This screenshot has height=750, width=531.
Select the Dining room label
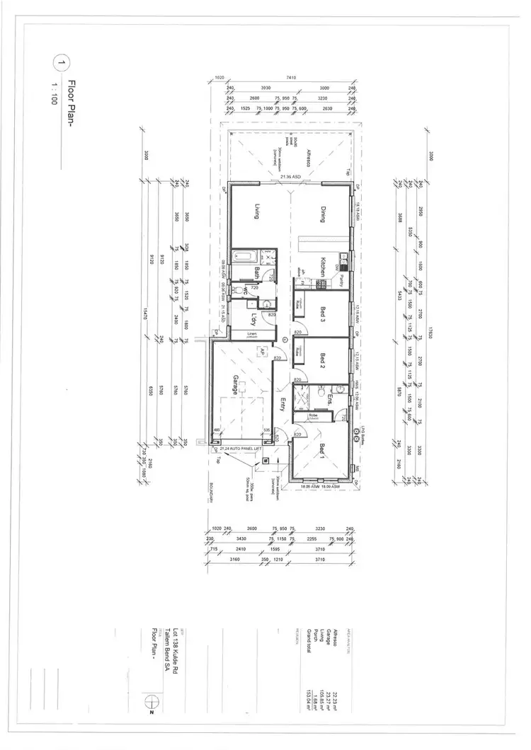pyautogui.click(x=322, y=214)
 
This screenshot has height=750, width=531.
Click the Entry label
pyautogui.click(x=282, y=405)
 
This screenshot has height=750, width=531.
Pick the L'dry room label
pyautogui.click(x=253, y=318)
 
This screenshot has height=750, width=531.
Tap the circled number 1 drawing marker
pyautogui.click(x=59, y=63)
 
